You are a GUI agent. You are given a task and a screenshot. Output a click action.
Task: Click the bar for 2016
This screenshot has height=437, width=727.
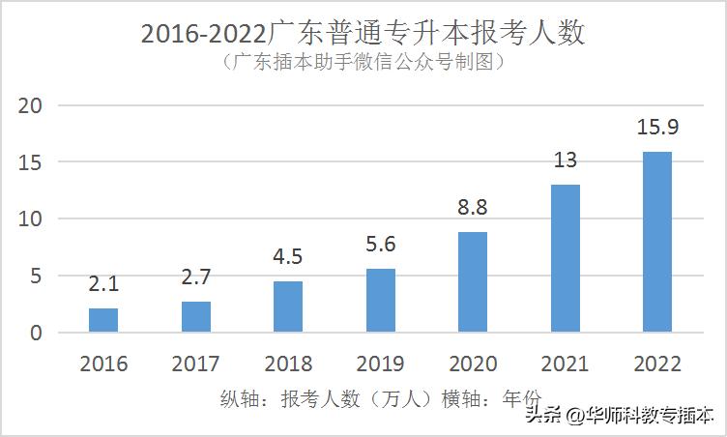tap(103, 320)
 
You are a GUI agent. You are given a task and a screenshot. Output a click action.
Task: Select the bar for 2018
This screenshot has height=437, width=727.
tap(288, 306)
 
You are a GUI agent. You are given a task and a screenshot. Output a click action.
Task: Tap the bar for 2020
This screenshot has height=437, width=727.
tap(473, 282)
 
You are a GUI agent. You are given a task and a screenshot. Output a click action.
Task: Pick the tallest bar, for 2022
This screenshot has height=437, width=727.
tap(657, 242)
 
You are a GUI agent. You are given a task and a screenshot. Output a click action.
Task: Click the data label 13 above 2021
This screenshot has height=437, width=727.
tap(565, 160)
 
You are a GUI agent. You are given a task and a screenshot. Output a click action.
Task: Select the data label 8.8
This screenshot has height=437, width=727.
tap(472, 208)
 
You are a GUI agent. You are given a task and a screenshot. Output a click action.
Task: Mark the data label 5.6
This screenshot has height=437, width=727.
tap(380, 246)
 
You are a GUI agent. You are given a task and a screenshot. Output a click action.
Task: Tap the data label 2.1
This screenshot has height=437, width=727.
tap(103, 285)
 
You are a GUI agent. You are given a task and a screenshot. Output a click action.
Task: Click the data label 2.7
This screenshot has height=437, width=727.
tap(195, 278)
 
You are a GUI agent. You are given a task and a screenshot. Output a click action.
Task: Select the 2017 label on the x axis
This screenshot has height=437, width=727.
tap(195, 364)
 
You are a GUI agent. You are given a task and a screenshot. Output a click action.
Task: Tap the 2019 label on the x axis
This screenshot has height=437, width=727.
tap(380, 364)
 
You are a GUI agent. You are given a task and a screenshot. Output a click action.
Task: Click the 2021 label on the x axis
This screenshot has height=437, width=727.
tap(565, 364)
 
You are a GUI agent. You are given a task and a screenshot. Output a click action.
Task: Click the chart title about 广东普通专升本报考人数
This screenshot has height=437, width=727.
tap(363, 33)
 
